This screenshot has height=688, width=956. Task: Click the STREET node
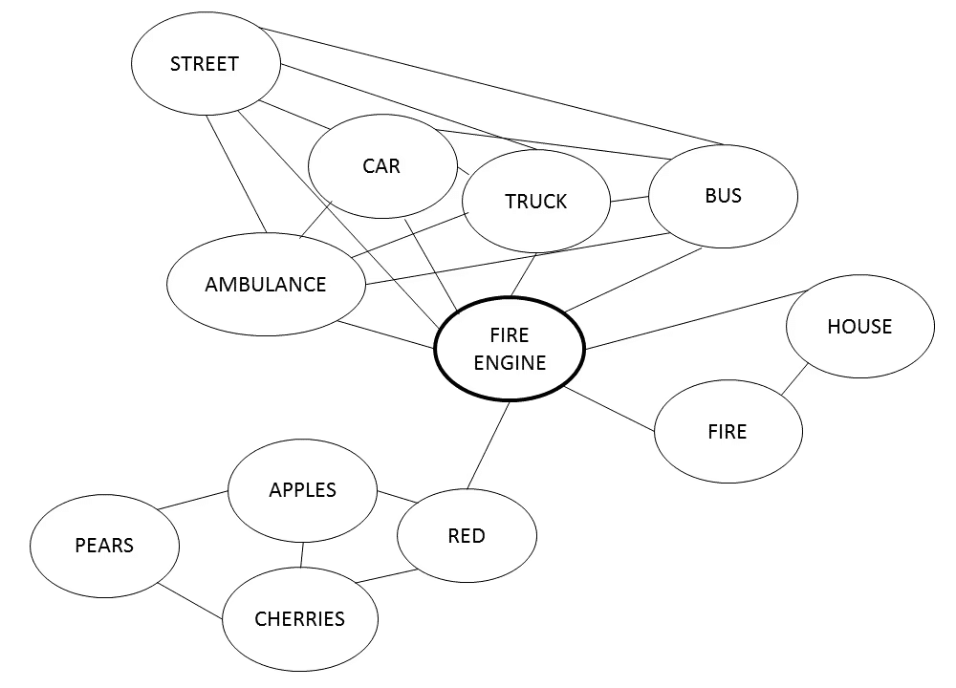[205, 65]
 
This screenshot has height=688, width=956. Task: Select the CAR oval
[381, 166]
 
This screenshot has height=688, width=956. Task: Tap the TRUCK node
[535, 202]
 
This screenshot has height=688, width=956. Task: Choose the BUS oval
[723, 196]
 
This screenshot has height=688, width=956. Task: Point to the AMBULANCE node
[266, 285]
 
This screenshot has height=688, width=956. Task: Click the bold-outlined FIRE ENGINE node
[510, 350]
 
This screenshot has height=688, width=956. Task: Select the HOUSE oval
[858, 327]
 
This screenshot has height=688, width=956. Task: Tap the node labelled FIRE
[728, 432]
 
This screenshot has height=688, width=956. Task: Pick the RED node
[467, 536]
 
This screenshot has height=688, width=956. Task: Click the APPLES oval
[302, 490]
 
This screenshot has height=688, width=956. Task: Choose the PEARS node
[104, 546]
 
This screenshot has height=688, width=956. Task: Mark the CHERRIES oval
[299, 619]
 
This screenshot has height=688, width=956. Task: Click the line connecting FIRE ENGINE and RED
[488, 445]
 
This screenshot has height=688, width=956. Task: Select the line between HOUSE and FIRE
[794, 379]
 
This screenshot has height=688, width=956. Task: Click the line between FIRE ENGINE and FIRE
[610, 411]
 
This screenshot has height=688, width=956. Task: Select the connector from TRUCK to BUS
[629, 200]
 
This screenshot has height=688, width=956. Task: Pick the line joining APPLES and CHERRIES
[302, 554]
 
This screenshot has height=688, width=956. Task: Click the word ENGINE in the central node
[510, 363]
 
